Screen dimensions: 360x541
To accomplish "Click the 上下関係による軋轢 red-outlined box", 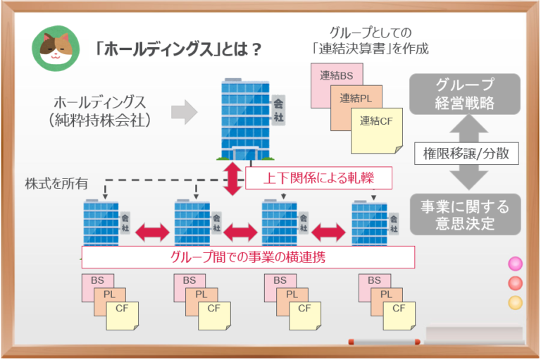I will pyautogui.click(x=318, y=178).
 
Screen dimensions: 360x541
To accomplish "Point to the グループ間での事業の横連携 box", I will pyautogui.click(x=248, y=256).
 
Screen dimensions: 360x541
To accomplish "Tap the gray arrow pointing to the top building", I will pyautogui.click(x=184, y=111).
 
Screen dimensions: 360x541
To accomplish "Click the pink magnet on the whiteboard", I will pyautogui.click(x=516, y=263).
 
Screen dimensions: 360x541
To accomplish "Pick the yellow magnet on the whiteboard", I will pyautogui.click(x=516, y=303).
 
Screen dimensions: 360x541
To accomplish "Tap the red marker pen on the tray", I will pyautogui.click(x=384, y=342).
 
